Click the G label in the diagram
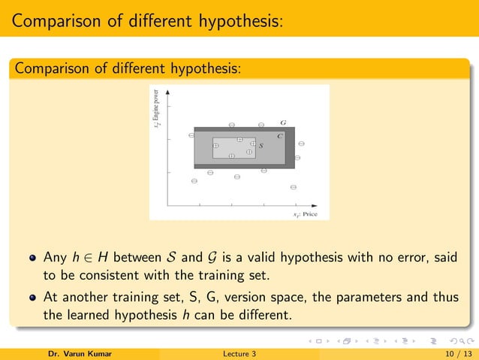click(282, 122)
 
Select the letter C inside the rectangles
click(280, 136)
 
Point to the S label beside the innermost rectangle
click(261, 145)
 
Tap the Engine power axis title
click(157, 109)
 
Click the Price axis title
click(306, 214)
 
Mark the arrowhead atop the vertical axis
click(167, 90)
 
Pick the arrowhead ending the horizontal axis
click(324, 204)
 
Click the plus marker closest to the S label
click(253, 143)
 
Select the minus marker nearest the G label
click(261, 124)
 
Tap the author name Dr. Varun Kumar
click(75, 353)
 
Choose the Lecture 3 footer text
click(239, 353)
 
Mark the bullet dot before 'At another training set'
click(32, 297)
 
